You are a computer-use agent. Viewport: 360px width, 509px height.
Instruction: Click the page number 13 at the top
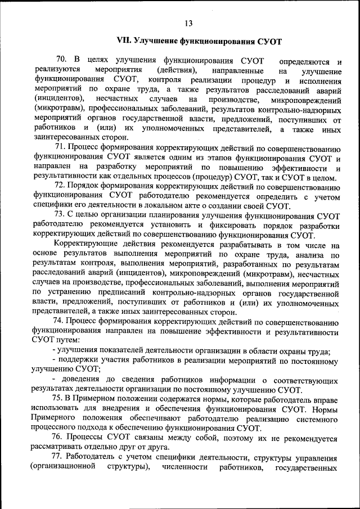[x=188, y=23]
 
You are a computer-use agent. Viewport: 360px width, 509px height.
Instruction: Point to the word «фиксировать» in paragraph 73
[x=231, y=225]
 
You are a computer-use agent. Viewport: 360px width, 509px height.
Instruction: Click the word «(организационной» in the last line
[x=61, y=469]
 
